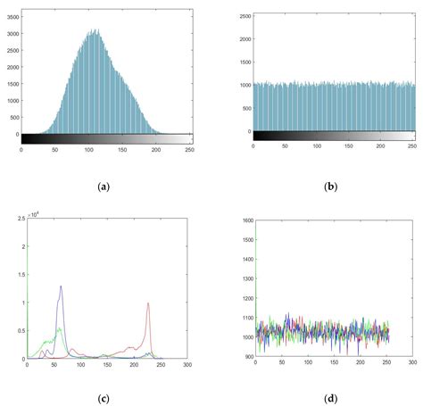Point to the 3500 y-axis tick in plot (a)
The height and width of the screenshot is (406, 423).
10,12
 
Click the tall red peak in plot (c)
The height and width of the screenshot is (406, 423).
148,303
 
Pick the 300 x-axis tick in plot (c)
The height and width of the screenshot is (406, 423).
187,365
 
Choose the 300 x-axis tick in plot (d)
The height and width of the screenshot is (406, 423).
413,365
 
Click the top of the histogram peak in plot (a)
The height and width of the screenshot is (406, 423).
95,29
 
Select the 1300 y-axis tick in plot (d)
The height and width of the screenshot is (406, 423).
246,278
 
